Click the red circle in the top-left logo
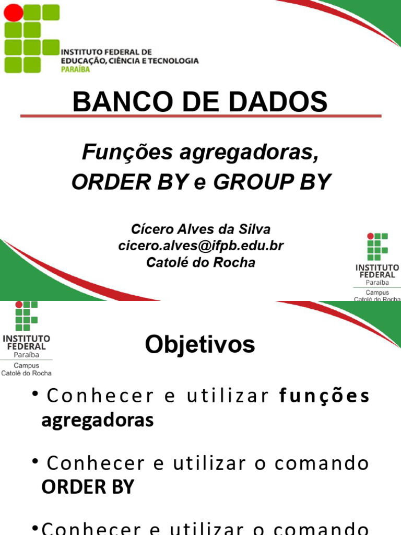(x=13, y=13)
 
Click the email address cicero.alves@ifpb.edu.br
(x=201, y=246)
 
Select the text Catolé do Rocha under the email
(x=201, y=262)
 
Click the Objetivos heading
(x=200, y=345)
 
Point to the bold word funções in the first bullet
(x=325, y=397)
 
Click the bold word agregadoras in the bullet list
(x=98, y=420)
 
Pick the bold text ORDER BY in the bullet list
(x=88, y=487)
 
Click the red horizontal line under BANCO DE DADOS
(x=201, y=116)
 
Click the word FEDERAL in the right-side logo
(x=377, y=275)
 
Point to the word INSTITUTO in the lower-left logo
(x=26, y=338)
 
